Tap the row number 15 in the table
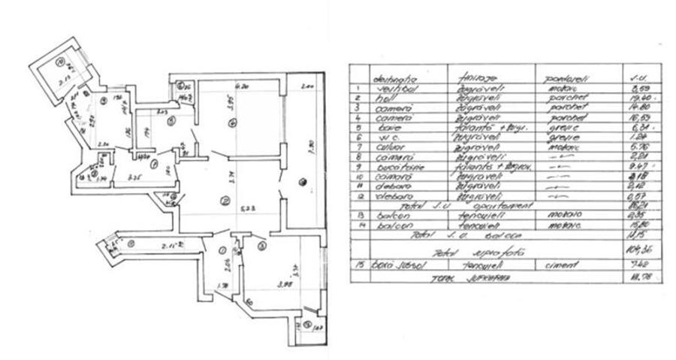click(x=361, y=265)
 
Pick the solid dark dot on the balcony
click(x=302, y=180)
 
